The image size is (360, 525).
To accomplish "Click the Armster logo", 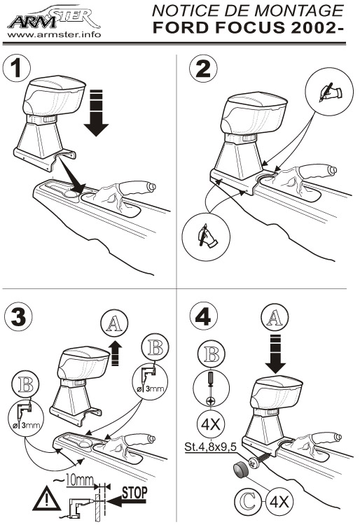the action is coord(54,17).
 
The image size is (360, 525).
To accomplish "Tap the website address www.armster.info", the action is coord(54,34).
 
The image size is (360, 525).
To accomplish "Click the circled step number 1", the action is coord(16,68).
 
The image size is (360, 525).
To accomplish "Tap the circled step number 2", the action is coord(203,68).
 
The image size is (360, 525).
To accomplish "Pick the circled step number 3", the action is coord(18,317).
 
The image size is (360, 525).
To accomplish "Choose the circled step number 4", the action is coord(203,316).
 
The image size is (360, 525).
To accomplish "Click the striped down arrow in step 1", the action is coord(96,113).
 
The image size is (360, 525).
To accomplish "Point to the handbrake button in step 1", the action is coord(152,186).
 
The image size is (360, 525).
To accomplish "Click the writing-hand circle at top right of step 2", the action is coord(329,92).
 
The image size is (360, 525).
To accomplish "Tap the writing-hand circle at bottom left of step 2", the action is coord(206,237).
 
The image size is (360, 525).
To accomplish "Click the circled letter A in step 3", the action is coord(114,323).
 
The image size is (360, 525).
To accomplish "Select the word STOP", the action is coord(134,493).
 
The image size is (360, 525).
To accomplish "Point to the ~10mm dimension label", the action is coord(74,479).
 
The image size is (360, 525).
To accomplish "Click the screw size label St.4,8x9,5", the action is coord(211,447).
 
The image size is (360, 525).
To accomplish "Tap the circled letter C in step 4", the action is coord(248,502).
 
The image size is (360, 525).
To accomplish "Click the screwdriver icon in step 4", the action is coord(210,388).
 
